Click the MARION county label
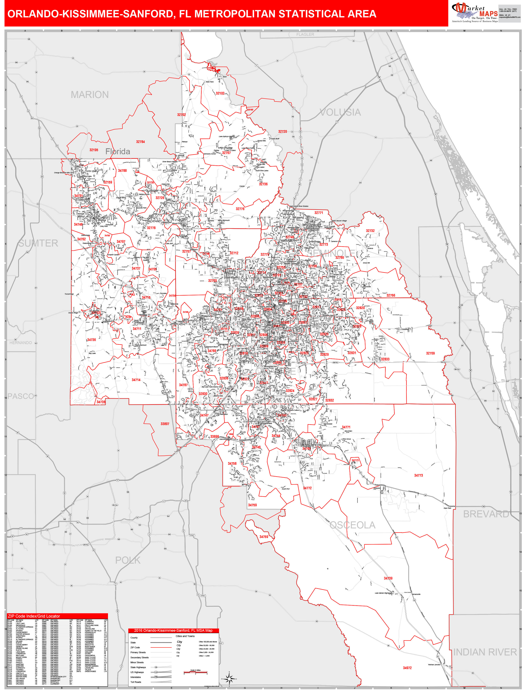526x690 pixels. (x=90, y=95)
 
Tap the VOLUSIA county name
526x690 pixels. (x=340, y=112)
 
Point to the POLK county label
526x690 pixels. (x=128, y=560)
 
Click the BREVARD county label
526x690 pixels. (x=486, y=514)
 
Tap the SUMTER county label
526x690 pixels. (x=38, y=243)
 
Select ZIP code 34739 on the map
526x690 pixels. (x=388, y=578)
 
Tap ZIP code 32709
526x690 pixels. (x=430, y=353)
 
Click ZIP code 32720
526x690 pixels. (x=282, y=132)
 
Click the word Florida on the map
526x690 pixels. (x=118, y=152)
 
